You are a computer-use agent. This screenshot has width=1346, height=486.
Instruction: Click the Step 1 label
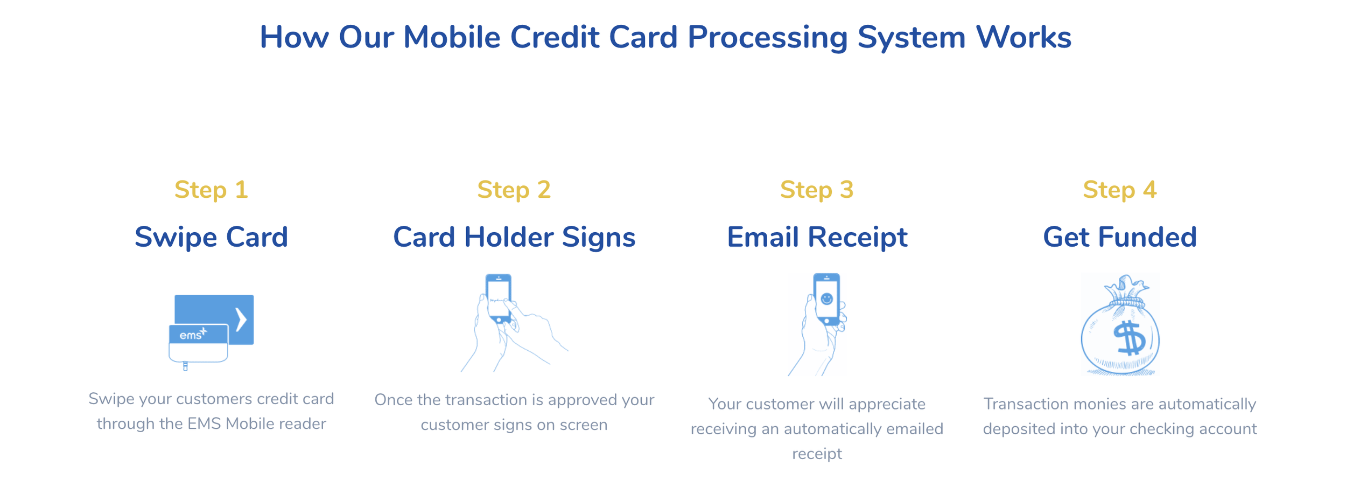211,190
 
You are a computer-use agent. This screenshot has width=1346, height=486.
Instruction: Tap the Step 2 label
514,190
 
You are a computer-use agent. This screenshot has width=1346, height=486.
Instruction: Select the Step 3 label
817,190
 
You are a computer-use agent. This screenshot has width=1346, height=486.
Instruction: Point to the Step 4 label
1119,190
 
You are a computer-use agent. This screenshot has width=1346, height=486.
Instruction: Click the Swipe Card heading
211,237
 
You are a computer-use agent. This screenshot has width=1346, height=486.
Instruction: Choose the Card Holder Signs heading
514,237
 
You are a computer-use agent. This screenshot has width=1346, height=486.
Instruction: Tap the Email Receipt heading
817,237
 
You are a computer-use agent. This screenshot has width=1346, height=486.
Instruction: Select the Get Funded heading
1119,237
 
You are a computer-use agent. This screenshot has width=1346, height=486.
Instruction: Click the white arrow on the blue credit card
241,320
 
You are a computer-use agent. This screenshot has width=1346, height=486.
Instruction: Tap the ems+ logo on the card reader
193,335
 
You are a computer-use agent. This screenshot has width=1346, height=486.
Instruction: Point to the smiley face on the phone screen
826,298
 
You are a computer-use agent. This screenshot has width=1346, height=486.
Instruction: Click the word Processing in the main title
767,38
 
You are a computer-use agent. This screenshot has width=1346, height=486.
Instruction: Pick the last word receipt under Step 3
817,454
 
